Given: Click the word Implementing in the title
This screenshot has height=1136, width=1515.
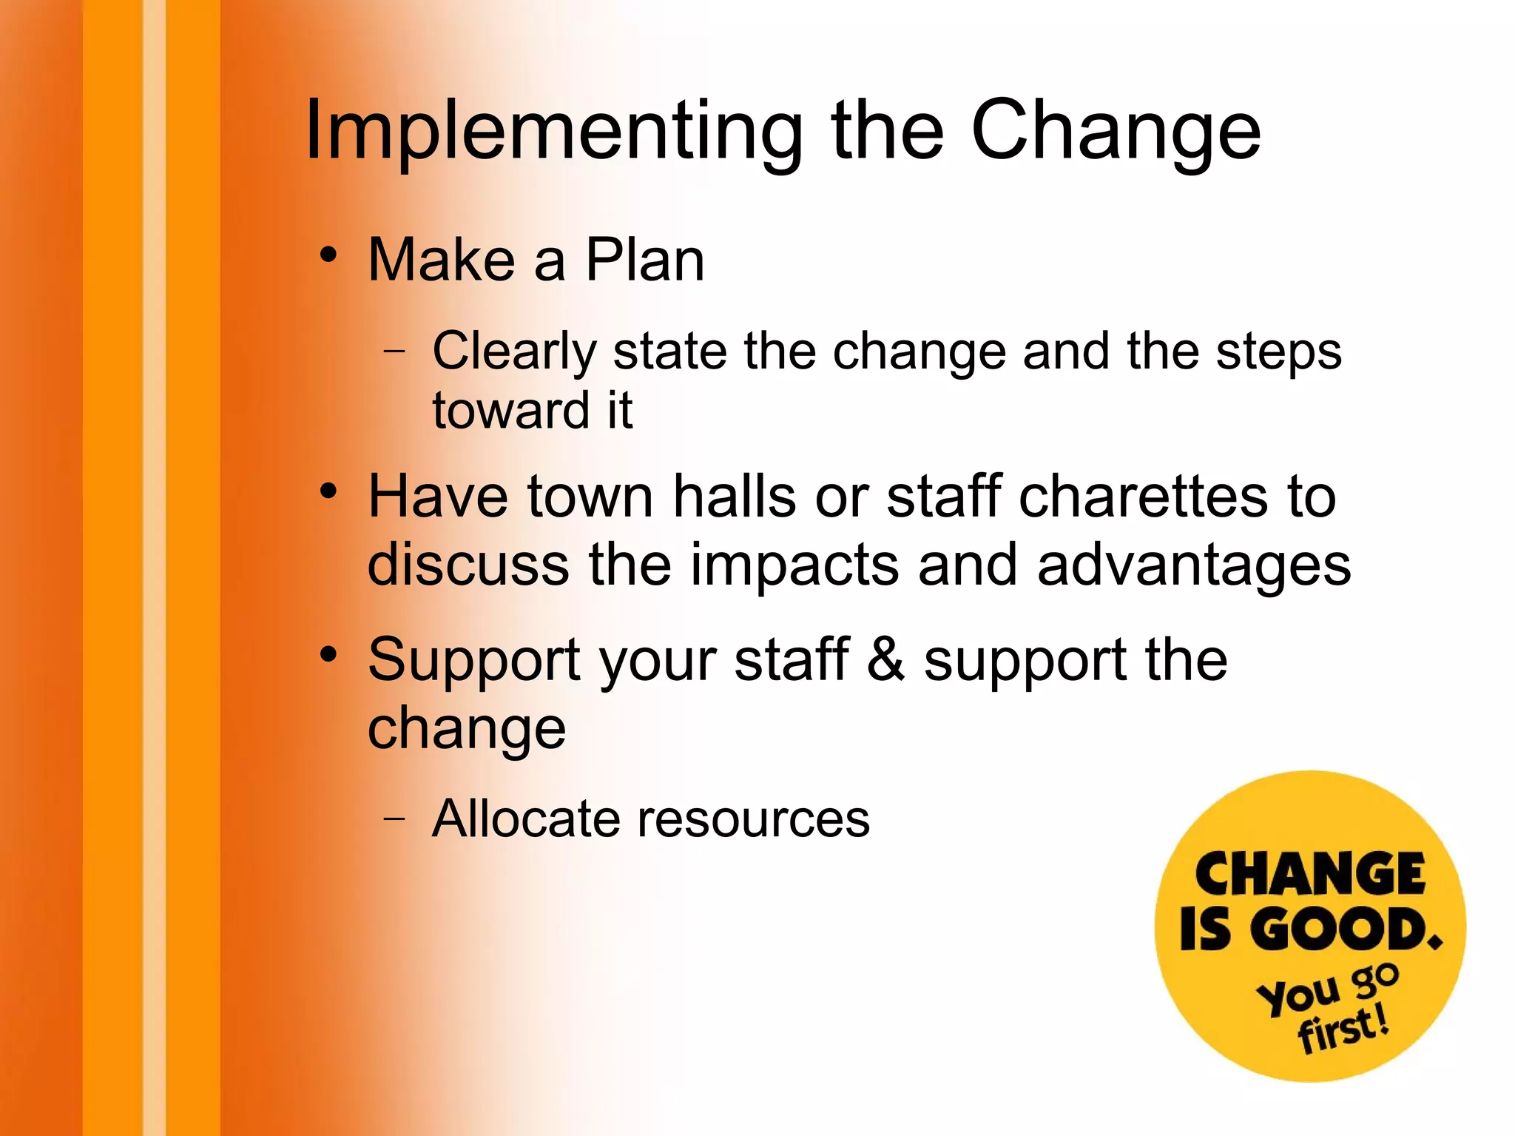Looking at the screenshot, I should (x=553, y=132).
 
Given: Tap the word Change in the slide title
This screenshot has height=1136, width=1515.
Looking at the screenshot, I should (x=1116, y=132).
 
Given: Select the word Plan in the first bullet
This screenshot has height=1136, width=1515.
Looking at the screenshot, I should (x=644, y=260).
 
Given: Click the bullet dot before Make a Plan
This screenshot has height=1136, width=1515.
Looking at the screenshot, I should (x=328, y=255).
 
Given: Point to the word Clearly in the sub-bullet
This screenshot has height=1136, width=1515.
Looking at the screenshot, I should (x=514, y=351).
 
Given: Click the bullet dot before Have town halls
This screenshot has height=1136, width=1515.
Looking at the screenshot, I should (x=328, y=491).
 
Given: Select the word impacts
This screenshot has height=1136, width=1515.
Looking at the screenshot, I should (x=795, y=565).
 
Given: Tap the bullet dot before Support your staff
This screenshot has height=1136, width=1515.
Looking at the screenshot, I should (x=328, y=655).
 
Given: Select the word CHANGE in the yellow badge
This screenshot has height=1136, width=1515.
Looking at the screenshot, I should (x=1309, y=875).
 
